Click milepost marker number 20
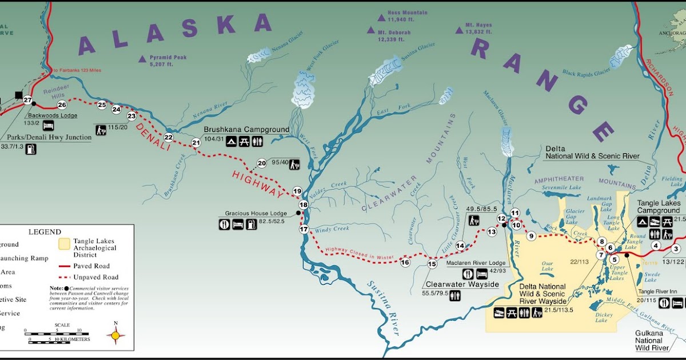pos(262,163)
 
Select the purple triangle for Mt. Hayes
pos(458,29)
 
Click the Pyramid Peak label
pos(168,58)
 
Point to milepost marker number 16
pos(405,263)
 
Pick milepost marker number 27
pos(27,100)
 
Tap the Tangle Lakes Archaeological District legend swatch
pos(64,244)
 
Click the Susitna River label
pos(381,303)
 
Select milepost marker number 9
pos(531,235)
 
